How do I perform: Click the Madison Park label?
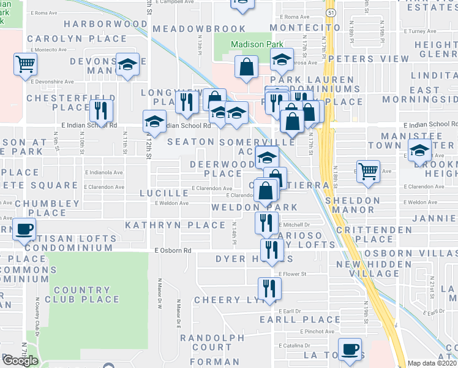pyautogui.click(x=248, y=45)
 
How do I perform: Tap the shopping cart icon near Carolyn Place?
pyautogui.click(x=25, y=63)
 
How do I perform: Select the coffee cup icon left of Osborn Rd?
pyautogui.click(x=24, y=229)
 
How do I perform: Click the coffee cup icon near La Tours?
pyautogui.click(x=350, y=349)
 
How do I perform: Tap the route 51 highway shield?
pyautogui.click(x=331, y=12)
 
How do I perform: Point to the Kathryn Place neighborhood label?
pyautogui.click(x=162, y=225)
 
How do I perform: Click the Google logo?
pyautogui.click(x=20, y=361)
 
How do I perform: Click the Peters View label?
pyautogui.click(x=368, y=59)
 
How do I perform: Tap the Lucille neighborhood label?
pyautogui.click(x=163, y=193)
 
